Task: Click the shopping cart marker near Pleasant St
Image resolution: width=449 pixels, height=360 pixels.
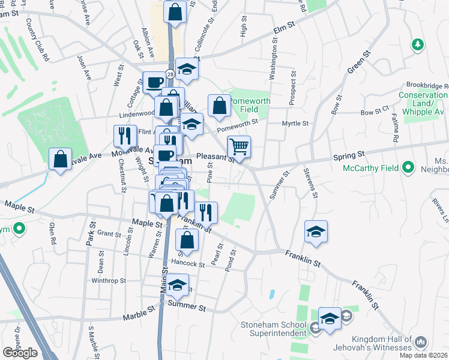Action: pos(239,146)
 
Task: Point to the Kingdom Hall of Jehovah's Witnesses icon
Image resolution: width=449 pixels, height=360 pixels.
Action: pos(420,342)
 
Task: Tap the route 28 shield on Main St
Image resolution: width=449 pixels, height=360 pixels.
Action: pos(171,74)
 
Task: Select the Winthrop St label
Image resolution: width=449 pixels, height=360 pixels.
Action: pos(109,280)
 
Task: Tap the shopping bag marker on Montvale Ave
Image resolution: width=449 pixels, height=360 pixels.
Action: pos(60,159)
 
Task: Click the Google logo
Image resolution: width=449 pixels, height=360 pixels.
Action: pos(20,353)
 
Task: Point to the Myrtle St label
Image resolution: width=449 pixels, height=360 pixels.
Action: pos(295,123)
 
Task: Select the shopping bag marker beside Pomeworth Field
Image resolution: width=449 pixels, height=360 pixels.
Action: pos(220,106)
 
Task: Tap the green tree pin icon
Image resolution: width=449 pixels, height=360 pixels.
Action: pos(417,44)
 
